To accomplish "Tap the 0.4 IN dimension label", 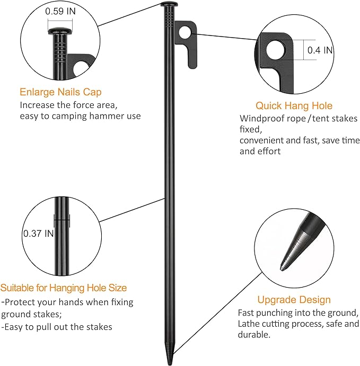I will tap(320, 50).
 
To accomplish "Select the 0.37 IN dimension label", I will tap(38, 233).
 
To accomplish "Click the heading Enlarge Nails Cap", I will tap(60, 92).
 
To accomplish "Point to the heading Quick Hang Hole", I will tap(294, 106).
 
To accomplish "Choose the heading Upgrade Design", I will tap(294, 300).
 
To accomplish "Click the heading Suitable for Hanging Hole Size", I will tap(64, 288).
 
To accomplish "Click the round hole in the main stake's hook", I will tap(184, 33).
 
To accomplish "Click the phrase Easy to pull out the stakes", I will tap(58, 327).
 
